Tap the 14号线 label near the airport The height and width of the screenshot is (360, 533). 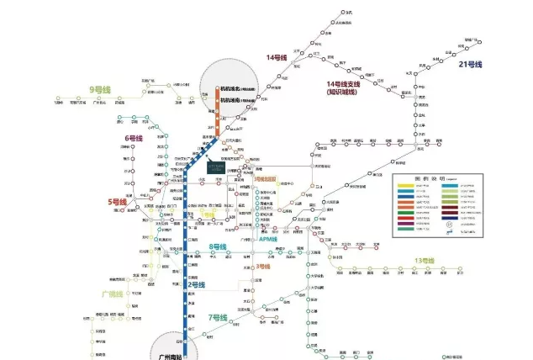coord(277,57)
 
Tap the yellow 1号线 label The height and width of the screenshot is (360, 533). coord(208,214)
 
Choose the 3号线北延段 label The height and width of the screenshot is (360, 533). coord(271,179)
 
